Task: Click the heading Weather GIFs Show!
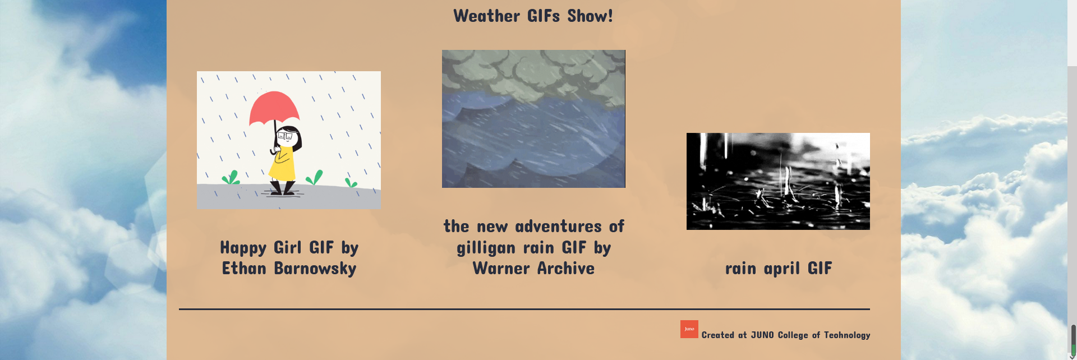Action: pyautogui.click(x=533, y=16)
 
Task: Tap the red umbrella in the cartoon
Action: pyautogui.click(x=274, y=108)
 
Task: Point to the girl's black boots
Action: pyautogui.click(x=282, y=188)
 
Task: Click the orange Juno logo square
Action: pyautogui.click(x=689, y=329)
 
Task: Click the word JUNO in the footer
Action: pyautogui.click(x=762, y=335)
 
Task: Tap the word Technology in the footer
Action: pyautogui.click(x=847, y=335)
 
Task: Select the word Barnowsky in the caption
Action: pyautogui.click(x=315, y=269)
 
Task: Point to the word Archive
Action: pyautogui.click(x=566, y=269)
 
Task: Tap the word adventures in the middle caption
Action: pyautogui.click(x=558, y=226)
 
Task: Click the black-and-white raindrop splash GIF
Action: pyautogui.click(x=778, y=181)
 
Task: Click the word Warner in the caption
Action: pyautogui.click(x=501, y=269)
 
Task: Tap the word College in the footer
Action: pyautogui.click(x=793, y=335)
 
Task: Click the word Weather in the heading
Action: pyautogui.click(x=487, y=16)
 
